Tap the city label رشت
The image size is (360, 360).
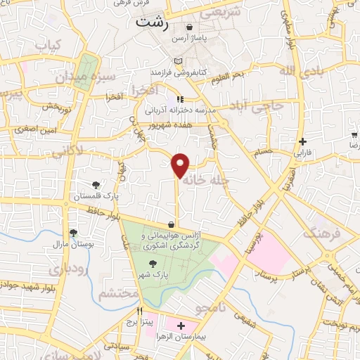tap(154, 22)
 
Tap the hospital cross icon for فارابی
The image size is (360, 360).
tap(302, 141)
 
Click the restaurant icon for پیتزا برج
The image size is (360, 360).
tap(140, 311)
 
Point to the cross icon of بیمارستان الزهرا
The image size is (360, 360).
tap(181, 326)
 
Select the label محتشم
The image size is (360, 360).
tap(115, 294)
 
